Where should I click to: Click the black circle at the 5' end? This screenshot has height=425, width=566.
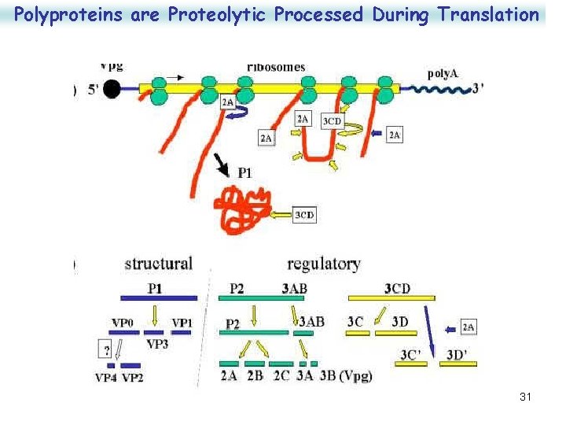click(x=112, y=89)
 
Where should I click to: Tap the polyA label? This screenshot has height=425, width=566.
click(x=443, y=74)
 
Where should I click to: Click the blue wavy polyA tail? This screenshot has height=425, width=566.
click(x=449, y=91)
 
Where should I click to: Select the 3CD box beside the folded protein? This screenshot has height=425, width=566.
click(x=304, y=214)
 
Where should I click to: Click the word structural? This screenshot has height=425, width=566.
click(x=158, y=264)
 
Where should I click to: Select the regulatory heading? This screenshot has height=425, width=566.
click(x=323, y=264)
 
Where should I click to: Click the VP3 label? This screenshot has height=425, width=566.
click(x=157, y=343)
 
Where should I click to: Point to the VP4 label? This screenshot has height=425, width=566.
click(x=106, y=377)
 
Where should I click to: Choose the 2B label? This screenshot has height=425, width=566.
click(x=255, y=375)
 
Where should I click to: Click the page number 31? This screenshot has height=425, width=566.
click(x=525, y=397)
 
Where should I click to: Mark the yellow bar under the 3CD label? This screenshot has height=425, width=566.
click(x=391, y=298)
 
